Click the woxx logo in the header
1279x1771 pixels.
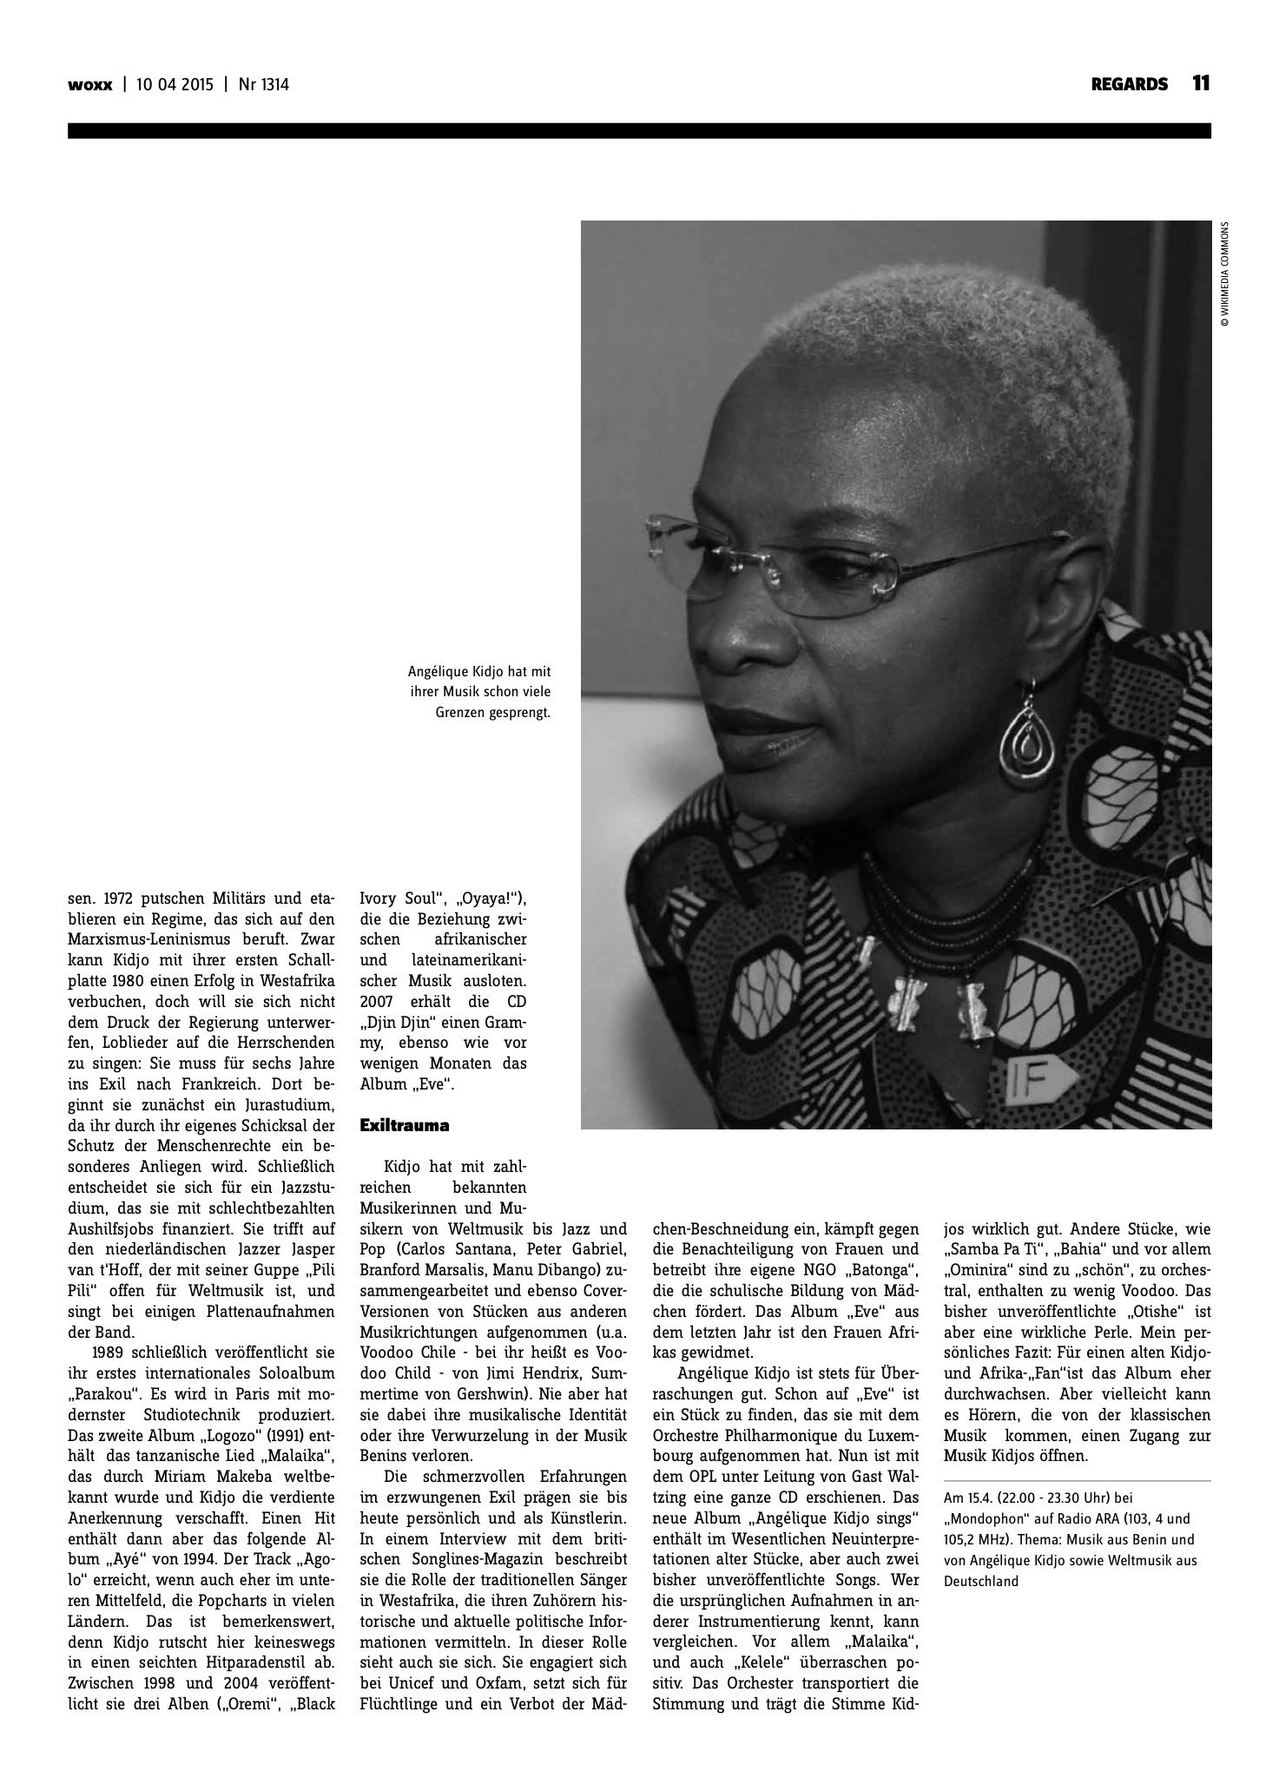(x=90, y=85)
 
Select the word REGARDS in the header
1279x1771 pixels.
(x=1129, y=84)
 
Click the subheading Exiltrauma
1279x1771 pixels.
(x=405, y=1126)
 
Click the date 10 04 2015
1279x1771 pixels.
(x=173, y=85)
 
